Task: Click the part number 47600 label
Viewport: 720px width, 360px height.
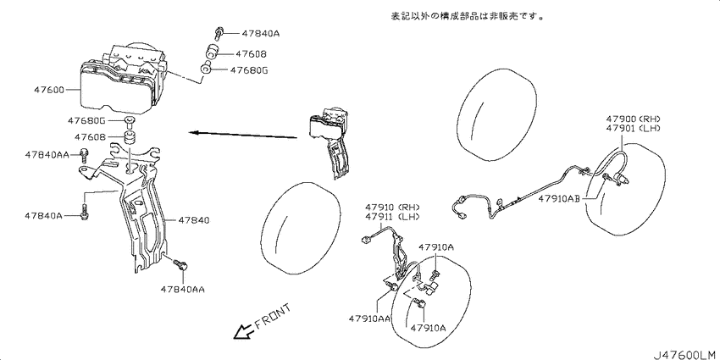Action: (48, 89)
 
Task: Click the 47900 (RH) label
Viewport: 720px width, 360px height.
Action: (636, 119)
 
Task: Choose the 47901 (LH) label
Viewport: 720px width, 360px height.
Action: (636, 129)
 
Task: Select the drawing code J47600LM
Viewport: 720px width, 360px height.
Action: (685, 354)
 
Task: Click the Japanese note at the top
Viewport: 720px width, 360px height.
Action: (467, 16)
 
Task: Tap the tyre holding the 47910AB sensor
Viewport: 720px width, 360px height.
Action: (626, 189)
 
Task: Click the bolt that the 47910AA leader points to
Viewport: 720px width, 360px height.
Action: (391, 287)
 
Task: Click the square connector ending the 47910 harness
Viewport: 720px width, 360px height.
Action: (367, 239)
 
